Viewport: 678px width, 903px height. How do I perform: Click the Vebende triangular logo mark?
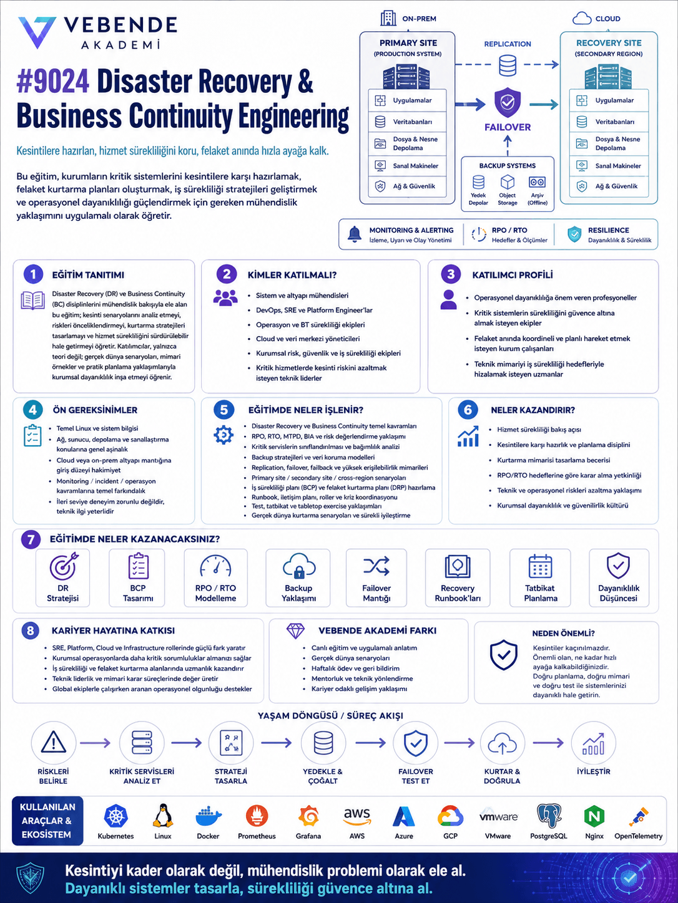tap(37, 32)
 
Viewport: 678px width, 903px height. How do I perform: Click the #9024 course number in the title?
tap(52, 81)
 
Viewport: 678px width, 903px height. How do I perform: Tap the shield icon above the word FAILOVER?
tap(507, 102)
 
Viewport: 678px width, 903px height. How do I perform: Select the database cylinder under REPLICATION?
tap(507, 66)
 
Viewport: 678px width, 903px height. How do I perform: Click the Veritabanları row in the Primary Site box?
tap(407, 122)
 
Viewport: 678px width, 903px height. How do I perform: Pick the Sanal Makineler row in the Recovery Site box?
tap(609, 166)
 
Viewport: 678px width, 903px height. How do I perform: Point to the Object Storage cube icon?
tap(507, 182)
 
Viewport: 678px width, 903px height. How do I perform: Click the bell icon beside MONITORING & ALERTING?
tap(355, 234)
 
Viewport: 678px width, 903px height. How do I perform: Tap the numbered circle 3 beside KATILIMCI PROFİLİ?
tap(451, 274)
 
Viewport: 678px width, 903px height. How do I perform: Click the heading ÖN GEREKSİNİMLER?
tap(95, 410)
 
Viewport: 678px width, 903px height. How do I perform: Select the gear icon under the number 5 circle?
tap(224, 435)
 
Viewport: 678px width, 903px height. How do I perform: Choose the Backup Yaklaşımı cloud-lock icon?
tap(299, 566)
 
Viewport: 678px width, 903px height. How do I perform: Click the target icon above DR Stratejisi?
tap(64, 566)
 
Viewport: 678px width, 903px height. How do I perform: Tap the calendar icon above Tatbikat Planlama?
tap(539, 566)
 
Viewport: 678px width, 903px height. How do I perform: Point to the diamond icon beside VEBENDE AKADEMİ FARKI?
tap(295, 630)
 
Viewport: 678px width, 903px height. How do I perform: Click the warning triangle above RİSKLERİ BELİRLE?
tap(54, 742)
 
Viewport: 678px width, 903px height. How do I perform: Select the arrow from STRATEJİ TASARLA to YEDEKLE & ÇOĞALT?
tap(276, 743)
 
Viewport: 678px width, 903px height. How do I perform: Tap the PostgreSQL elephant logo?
tap(549, 816)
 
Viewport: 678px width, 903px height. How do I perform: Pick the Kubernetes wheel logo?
tap(115, 816)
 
